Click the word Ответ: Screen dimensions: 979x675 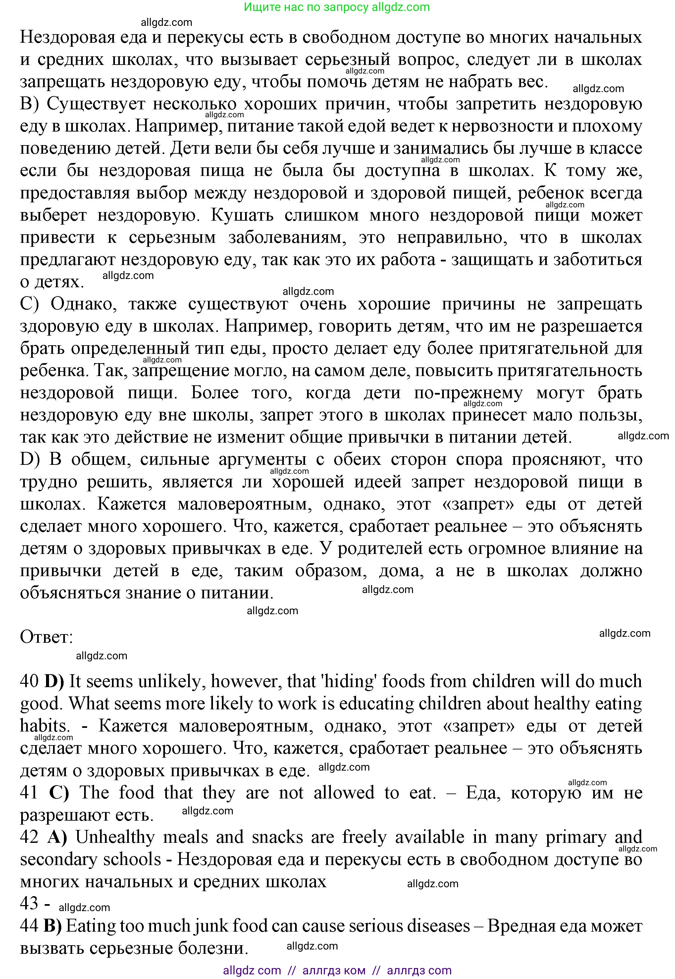point(46,637)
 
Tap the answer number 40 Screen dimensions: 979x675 point(29,681)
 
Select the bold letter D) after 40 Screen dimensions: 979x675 point(54,681)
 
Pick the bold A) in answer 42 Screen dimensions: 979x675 point(57,837)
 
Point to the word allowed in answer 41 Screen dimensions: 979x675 point(344,792)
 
